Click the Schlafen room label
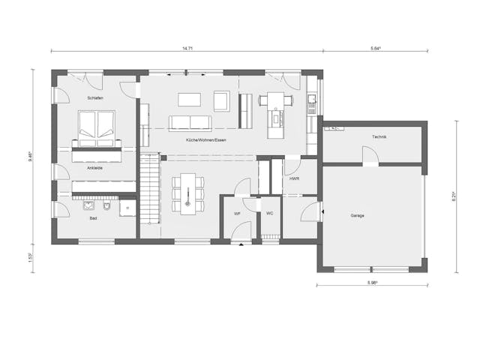[94, 98]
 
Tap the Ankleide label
[94, 168]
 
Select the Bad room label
[93, 218]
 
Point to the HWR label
[294, 180]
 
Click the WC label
[269, 214]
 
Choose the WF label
[237, 214]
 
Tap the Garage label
[357, 215]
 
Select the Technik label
[379, 137]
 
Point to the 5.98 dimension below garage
[371, 282]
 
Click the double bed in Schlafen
[97, 128]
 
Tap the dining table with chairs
[187, 193]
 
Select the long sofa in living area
[190, 123]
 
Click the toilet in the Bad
[109, 205]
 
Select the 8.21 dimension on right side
[455, 196]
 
